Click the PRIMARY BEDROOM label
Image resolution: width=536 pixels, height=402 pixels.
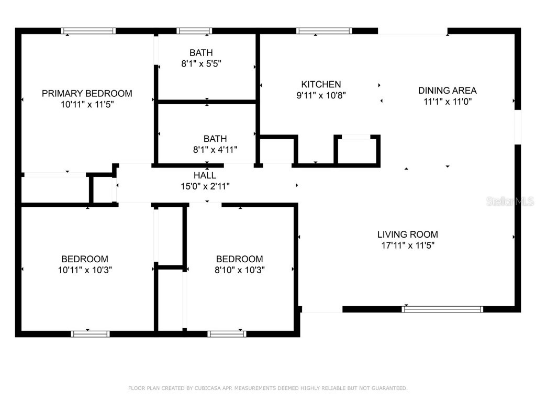click(87, 94)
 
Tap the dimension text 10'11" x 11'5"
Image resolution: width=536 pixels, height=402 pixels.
click(87, 104)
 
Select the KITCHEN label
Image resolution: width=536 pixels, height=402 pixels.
click(321, 84)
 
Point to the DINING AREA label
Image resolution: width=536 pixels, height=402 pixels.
click(448, 91)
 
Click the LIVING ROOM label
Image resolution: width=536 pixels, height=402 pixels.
click(408, 234)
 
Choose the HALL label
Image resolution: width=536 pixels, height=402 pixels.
click(205, 175)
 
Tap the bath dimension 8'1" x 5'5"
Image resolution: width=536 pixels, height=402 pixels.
click(201, 63)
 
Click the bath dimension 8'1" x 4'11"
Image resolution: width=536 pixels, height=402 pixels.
click(215, 150)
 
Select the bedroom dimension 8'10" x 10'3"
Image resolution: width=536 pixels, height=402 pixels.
click(240, 270)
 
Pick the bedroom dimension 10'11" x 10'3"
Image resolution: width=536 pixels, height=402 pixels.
click(85, 270)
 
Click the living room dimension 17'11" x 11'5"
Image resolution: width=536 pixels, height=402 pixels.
click(408, 245)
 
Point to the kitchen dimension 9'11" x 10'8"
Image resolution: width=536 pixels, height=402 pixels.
click(321, 95)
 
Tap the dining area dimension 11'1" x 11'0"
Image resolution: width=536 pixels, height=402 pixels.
click(448, 102)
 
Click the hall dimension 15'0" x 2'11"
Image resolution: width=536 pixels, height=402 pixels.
click(205, 186)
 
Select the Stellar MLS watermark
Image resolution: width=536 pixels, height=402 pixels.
click(510, 201)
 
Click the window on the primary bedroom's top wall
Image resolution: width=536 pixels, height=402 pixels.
click(88, 31)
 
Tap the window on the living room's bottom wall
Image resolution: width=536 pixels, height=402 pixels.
click(442, 309)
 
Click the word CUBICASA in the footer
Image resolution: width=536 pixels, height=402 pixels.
click(210, 388)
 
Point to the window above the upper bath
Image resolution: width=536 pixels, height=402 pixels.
click(194, 31)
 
